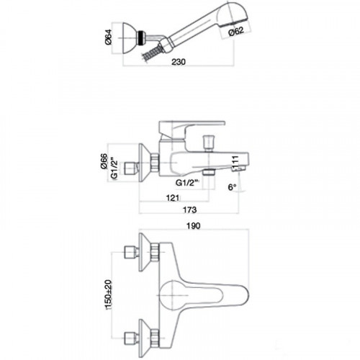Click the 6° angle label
click(x=231, y=187)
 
